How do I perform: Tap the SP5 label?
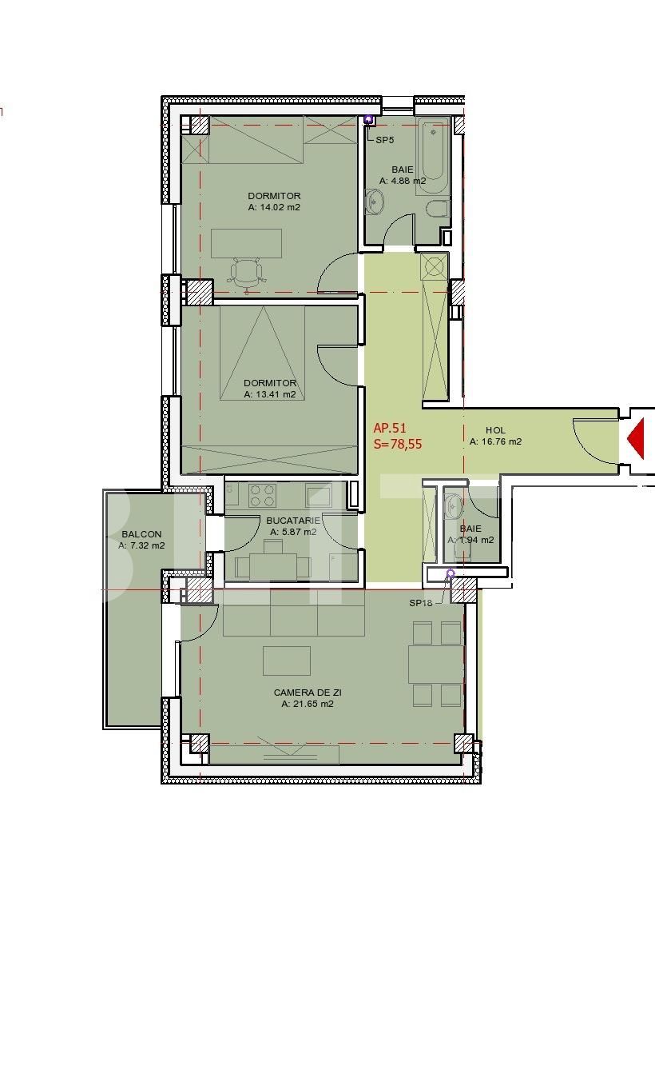pos(385,140)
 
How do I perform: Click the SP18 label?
pos(420,603)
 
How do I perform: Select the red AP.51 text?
pos(390,429)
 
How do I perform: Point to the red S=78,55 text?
pos(397,445)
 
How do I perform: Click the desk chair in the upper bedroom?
pos(247,272)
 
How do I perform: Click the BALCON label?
pos(141,534)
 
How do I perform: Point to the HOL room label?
pos(495,430)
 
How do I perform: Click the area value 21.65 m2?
pos(308,705)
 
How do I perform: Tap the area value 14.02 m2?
pos(274,207)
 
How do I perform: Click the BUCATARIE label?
pos(293,521)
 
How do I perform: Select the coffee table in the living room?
pos(286,661)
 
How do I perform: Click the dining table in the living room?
pos(435,664)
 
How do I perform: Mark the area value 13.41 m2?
pos(270,394)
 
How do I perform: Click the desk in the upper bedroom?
pos(246,243)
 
